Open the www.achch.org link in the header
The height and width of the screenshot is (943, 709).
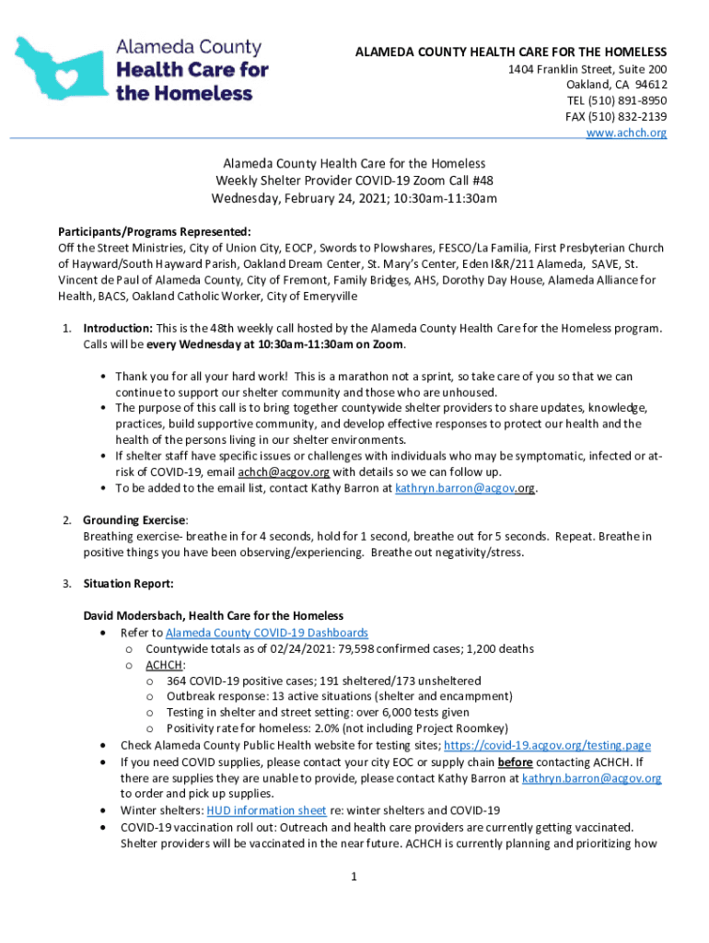click(x=626, y=133)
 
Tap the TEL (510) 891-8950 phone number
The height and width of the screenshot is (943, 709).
click(x=616, y=100)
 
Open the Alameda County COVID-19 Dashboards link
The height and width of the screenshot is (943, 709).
click(x=267, y=633)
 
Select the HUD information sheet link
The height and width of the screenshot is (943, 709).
click(x=266, y=810)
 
